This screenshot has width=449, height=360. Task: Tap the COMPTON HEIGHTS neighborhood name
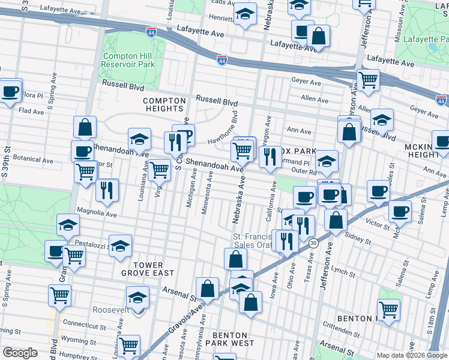point(163,104)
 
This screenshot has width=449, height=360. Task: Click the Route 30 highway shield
point(314,242)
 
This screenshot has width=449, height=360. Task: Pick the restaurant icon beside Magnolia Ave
point(106,191)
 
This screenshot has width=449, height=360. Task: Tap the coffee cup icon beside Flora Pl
point(10,92)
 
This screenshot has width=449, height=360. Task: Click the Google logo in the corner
point(20,353)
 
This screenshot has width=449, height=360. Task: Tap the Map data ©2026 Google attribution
point(411,355)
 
